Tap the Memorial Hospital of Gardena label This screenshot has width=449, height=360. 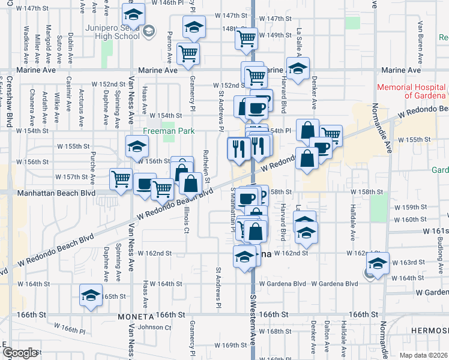coord(412,91)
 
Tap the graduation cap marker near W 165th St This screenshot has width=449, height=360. coord(91,296)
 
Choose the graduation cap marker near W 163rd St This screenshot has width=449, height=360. coord(378,263)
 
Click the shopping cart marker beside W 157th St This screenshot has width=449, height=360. coord(121,178)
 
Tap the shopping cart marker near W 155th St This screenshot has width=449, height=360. coord(331,134)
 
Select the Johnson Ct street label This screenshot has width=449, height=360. coord(155,327)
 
